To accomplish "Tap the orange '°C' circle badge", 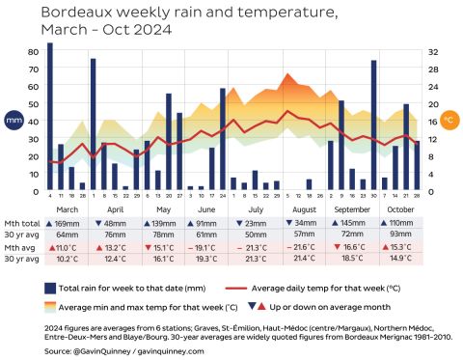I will pyautogui.click(x=449, y=121).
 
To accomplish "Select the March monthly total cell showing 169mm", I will pyautogui.click(x=67, y=223).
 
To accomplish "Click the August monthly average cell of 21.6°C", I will pyautogui.click(x=303, y=247).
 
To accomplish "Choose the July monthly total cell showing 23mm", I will pyautogui.click(x=256, y=223).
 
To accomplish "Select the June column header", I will pyautogui.click(x=206, y=208).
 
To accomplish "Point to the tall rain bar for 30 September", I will pyautogui.click(x=373, y=125).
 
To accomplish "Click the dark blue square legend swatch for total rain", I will pyautogui.click(x=49, y=288).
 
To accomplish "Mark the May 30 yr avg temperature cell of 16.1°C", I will pyautogui.click(x=161, y=259).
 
